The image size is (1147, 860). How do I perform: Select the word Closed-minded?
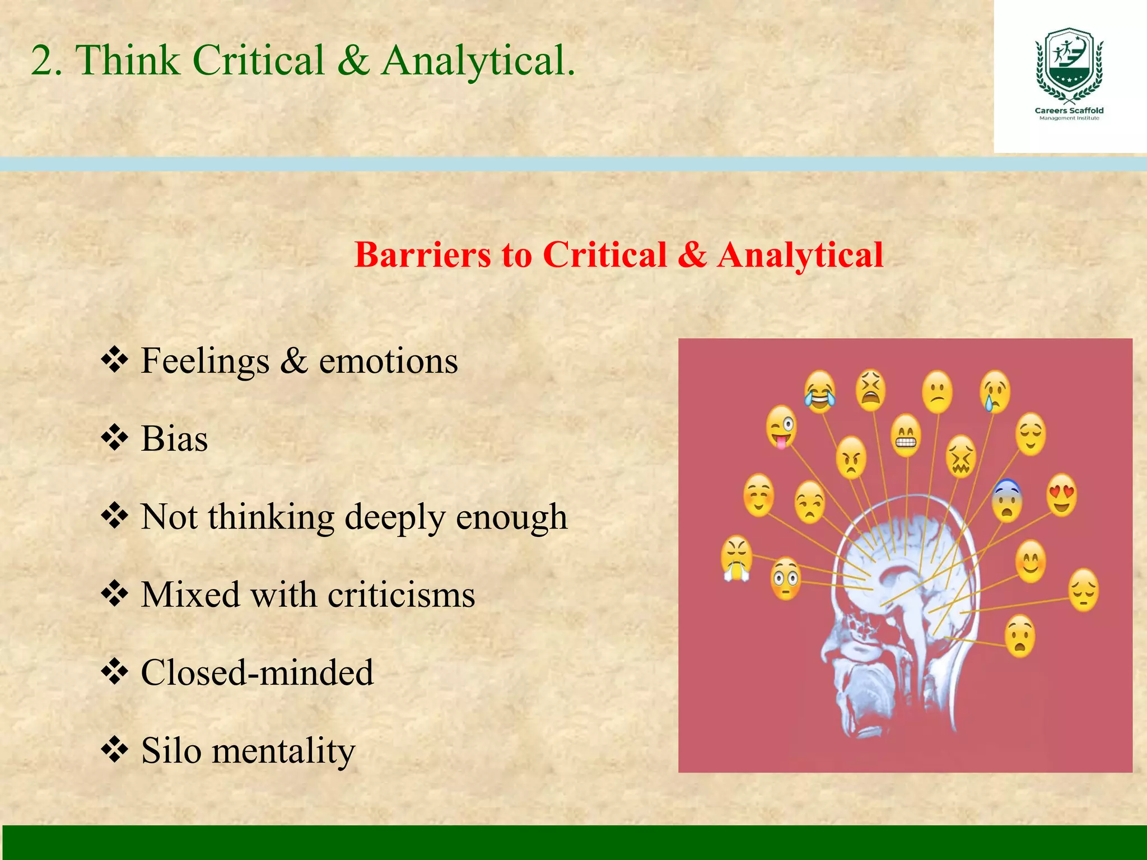pyautogui.click(x=257, y=672)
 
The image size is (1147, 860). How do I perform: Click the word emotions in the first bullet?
pyautogui.click(x=388, y=361)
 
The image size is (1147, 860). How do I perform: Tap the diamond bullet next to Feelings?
pyautogui.click(x=115, y=361)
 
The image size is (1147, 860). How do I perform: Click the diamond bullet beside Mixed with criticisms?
pyautogui.click(x=115, y=594)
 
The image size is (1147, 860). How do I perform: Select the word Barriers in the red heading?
pyautogui.click(x=423, y=255)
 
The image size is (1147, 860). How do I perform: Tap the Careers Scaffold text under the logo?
pyautogui.click(x=1069, y=110)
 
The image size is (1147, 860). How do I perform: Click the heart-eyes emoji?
pyautogui.click(x=1061, y=495)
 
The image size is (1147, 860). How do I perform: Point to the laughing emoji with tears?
pyautogui.click(x=820, y=391)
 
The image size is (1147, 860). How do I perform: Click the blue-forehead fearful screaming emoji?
pyautogui.click(x=1007, y=501)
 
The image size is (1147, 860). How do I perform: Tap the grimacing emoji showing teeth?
pyautogui.click(x=906, y=435)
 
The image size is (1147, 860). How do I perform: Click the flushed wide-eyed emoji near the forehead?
pyautogui.click(x=786, y=578)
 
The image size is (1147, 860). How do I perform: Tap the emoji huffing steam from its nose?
pyautogui.click(x=736, y=558)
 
